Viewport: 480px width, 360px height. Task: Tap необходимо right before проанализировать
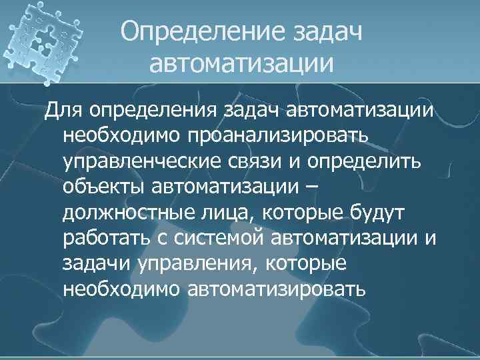tap(124, 135)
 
